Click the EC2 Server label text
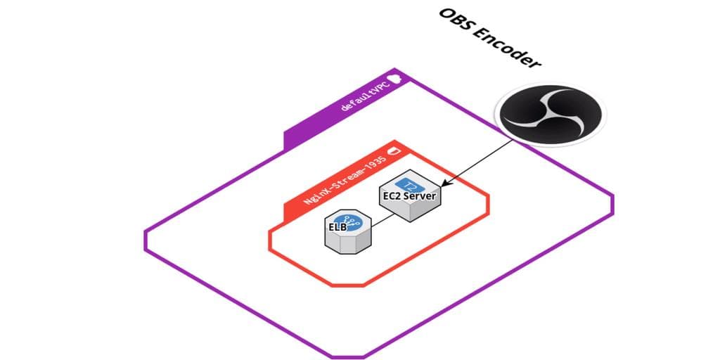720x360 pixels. pos(411,195)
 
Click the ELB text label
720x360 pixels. pos(338,226)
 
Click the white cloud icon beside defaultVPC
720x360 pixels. pos(397,78)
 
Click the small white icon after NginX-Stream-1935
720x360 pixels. pos(394,150)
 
